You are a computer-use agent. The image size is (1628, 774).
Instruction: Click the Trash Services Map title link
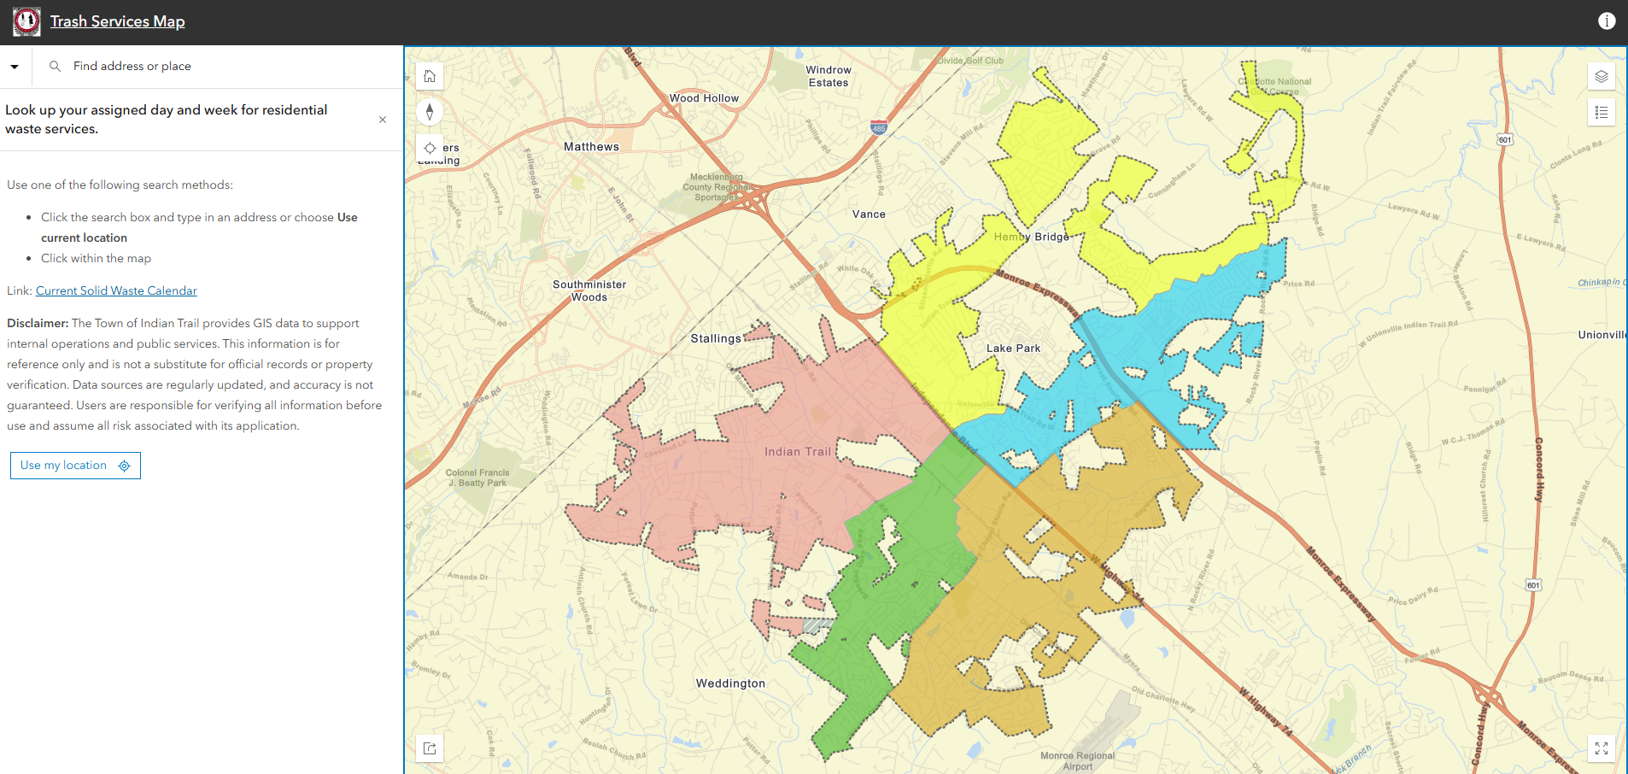click(x=117, y=21)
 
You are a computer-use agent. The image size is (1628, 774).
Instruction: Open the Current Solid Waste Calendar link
click(x=116, y=290)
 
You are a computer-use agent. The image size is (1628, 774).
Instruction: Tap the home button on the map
click(x=430, y=76)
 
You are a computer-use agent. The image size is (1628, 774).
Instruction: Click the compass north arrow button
click(x=430, y=112)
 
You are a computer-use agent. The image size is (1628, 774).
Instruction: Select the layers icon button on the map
click(x=1601, y=76)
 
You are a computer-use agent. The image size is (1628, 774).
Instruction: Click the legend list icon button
click(x=1601, y=112)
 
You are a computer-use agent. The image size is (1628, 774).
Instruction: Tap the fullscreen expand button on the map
click(x=1601, y=748)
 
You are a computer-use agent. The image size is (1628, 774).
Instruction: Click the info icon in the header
click(x=1607, y=21)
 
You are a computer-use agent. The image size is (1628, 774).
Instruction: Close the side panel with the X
click(x=383, y=120)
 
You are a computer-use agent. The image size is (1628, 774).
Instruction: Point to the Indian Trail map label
click(x=797, y=452)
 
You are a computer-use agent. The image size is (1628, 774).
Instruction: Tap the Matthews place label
click(x=591, y=147)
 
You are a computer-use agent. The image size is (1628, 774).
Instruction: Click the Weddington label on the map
click(x=730, y=683)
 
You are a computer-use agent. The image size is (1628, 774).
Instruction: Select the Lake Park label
click(x=1013, y=349)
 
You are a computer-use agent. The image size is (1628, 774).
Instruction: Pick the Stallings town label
click(x=716, y=338)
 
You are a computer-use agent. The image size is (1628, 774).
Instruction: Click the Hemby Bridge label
click(x=1031, y=237)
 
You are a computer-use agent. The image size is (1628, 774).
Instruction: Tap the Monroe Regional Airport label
click(x=1077, y=760)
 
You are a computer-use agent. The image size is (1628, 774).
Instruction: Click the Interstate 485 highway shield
click(x=879, y=128)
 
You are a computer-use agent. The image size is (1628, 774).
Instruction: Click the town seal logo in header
click(x=26, y=21)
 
